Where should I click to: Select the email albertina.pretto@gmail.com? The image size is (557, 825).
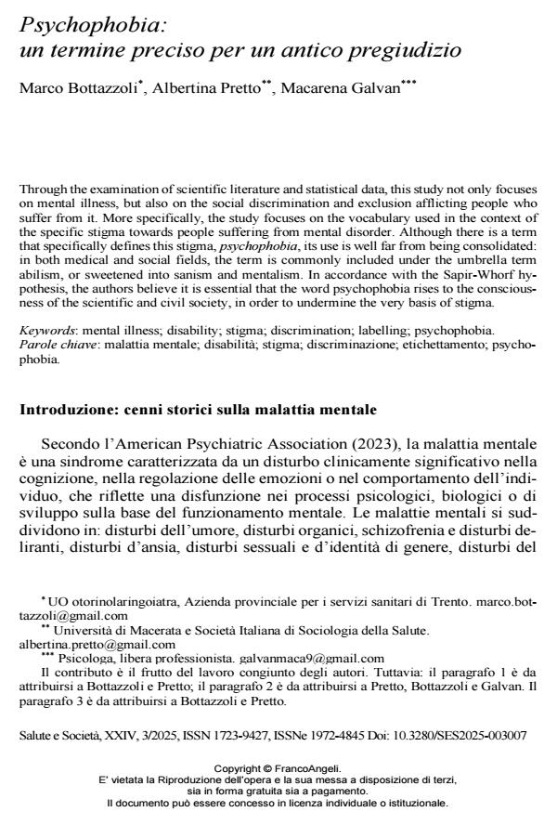coord(97,644)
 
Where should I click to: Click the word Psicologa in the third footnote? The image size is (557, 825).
coord(78,657)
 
